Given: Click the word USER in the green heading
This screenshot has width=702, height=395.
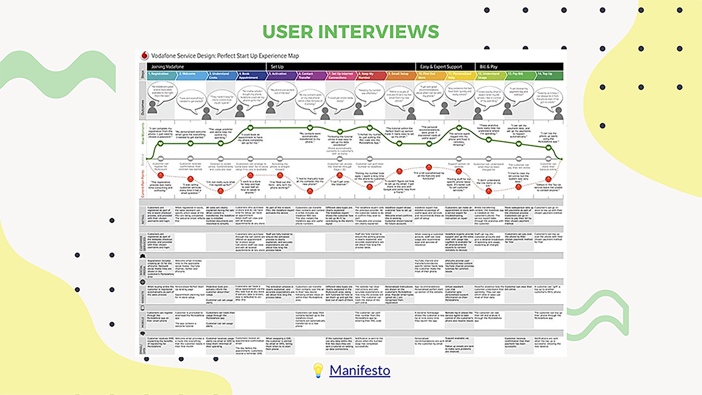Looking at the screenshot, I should pos(288,32).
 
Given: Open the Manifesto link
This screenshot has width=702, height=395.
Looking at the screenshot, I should pos(360,370).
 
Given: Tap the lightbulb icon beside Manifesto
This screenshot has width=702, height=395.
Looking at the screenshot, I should pos(318,370).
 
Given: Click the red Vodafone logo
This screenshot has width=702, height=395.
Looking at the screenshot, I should pos(144,56).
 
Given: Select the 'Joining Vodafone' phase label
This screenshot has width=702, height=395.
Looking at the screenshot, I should pos(167,67).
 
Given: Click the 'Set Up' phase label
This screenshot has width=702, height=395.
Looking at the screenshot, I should pos(277,67).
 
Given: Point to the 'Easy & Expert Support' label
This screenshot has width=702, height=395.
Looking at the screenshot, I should pos(441,67).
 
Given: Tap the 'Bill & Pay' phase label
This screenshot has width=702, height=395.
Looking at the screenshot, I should pos(488,67).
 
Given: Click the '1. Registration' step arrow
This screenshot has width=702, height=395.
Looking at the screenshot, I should pos(161,76).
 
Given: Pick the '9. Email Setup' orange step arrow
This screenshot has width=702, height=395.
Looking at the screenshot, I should pos(400,76).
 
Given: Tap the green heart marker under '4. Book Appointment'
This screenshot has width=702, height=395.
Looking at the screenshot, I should pos(250,128).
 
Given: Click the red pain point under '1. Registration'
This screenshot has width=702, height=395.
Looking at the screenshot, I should pos(161,175).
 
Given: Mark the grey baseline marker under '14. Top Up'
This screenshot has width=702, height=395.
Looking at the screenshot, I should pos(548,159).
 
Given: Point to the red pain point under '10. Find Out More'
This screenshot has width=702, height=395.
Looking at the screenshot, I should pos(429,167).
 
